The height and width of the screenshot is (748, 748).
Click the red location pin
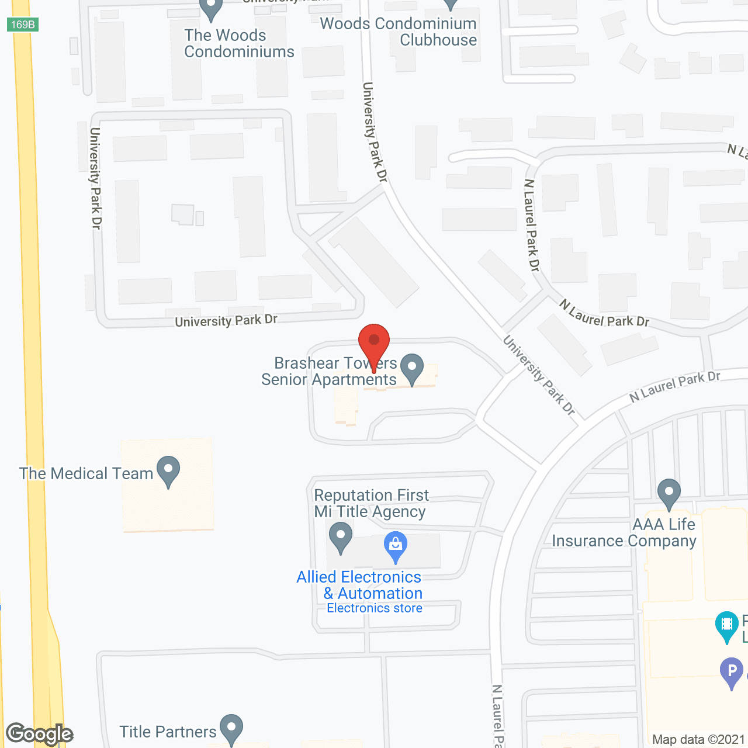tap(373, 342)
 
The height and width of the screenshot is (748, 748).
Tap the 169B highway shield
tap(23, 25)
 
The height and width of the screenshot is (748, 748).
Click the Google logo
tap(39, 734)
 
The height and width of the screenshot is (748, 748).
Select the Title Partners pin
tap(231, 728)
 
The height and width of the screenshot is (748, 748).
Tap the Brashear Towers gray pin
tap(413, 368)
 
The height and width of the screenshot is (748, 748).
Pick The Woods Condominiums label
tap(239, 44)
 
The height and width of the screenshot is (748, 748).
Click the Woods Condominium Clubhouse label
tap(399, 32)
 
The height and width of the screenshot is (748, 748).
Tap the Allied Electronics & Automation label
tap(359, 585)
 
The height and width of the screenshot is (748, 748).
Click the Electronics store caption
tap(375, 608)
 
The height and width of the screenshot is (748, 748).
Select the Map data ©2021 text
tap(698, 740)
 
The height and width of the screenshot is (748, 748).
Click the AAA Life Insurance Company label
tap(624, 533)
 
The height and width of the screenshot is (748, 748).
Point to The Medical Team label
tap(86, 473)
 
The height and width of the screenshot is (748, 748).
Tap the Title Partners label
tap(168, 732)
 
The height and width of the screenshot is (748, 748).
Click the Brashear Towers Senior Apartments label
tap(329, 372)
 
